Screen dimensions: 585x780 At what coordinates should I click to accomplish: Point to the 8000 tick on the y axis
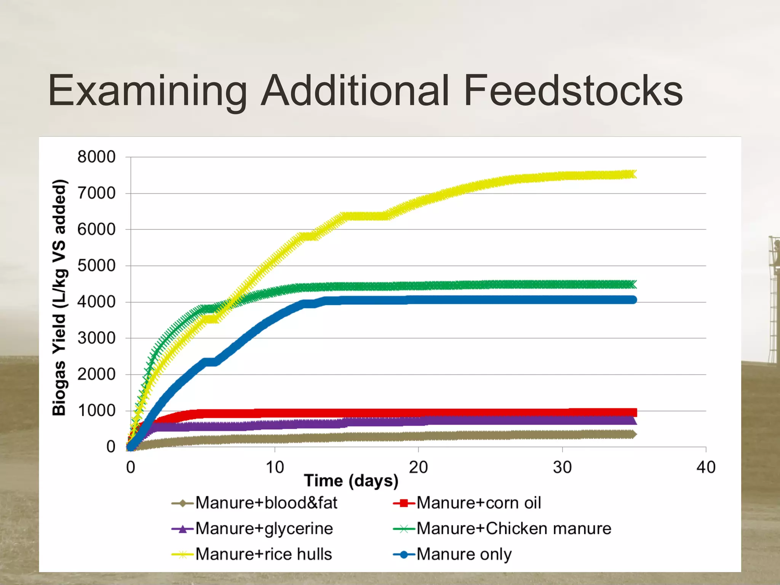pos(96,157)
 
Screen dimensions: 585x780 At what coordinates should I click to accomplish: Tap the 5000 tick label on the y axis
pos(96,266)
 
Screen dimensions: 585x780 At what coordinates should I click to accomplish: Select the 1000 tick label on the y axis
pos(96,411)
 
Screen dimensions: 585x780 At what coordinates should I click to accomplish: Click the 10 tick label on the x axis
pos(275,467)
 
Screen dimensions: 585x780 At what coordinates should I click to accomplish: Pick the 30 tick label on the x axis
pos(562,467)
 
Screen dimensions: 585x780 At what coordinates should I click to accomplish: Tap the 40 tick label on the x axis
pos(706,467)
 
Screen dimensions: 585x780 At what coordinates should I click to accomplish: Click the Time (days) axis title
pos(351,481)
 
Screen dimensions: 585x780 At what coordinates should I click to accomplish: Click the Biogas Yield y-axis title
pos(59,297)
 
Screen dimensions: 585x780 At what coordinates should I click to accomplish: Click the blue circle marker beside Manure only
pos(404,555)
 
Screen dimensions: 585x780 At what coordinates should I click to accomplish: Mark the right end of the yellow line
pos(632,174)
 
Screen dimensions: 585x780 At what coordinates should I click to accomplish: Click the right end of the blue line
pos(632,300)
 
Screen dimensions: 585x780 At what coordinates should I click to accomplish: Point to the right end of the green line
pos(632,285)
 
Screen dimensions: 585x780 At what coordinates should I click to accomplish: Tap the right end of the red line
pos(632,412)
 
